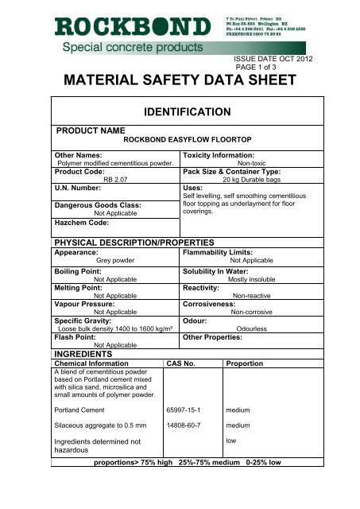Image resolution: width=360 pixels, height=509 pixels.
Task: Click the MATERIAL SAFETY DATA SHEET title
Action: click(x=180, y=81)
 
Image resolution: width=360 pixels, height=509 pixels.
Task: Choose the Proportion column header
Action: click(x=250, y=363)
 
